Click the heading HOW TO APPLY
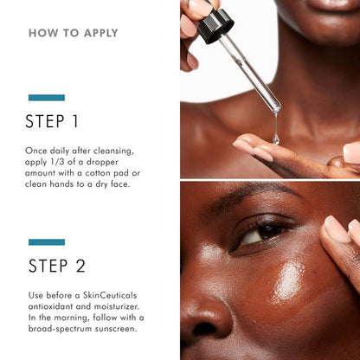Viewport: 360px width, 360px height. coord(73,34)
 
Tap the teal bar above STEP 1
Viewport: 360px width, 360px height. coord(46,98)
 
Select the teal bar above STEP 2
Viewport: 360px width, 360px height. coord(46,242)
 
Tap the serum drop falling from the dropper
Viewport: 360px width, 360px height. coord(276,137)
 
